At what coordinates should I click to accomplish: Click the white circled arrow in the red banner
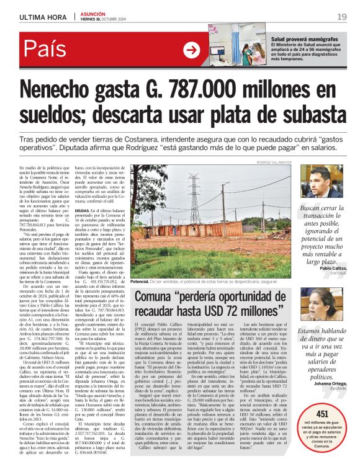[x=192, y=51]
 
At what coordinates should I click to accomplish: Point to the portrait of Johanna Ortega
[x=320, y=303]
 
